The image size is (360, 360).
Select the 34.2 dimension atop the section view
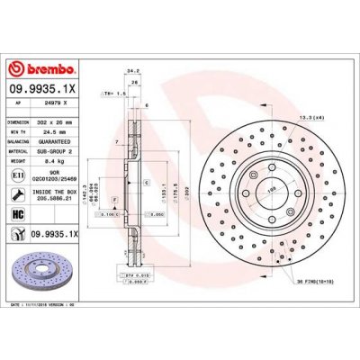(134, 68)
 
